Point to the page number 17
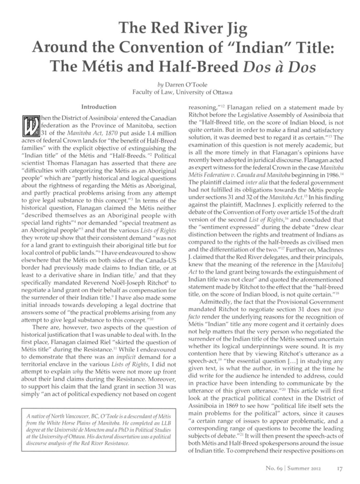[340, 471]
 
